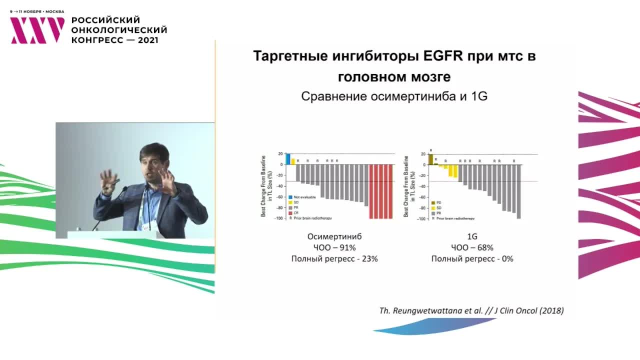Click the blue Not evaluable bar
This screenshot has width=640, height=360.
[x=288, y=158]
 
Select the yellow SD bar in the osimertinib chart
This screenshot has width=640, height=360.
[x=293, y=161]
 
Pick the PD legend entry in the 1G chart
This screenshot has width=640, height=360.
[x=438, y=202]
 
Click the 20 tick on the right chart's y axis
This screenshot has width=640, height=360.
[x=423, y=154]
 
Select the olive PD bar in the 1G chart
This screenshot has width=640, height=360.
[x=430, y=159]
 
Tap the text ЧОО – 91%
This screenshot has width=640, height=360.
[x=334, y=247]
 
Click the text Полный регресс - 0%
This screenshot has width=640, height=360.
[x=472, y=259]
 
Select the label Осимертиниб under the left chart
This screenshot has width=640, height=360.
[x=334, y=236]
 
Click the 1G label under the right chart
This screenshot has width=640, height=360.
[x=472, y=236]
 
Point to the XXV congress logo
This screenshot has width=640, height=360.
[x=37, y=30]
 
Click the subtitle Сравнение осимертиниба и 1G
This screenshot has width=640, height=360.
[x=394, y=97]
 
